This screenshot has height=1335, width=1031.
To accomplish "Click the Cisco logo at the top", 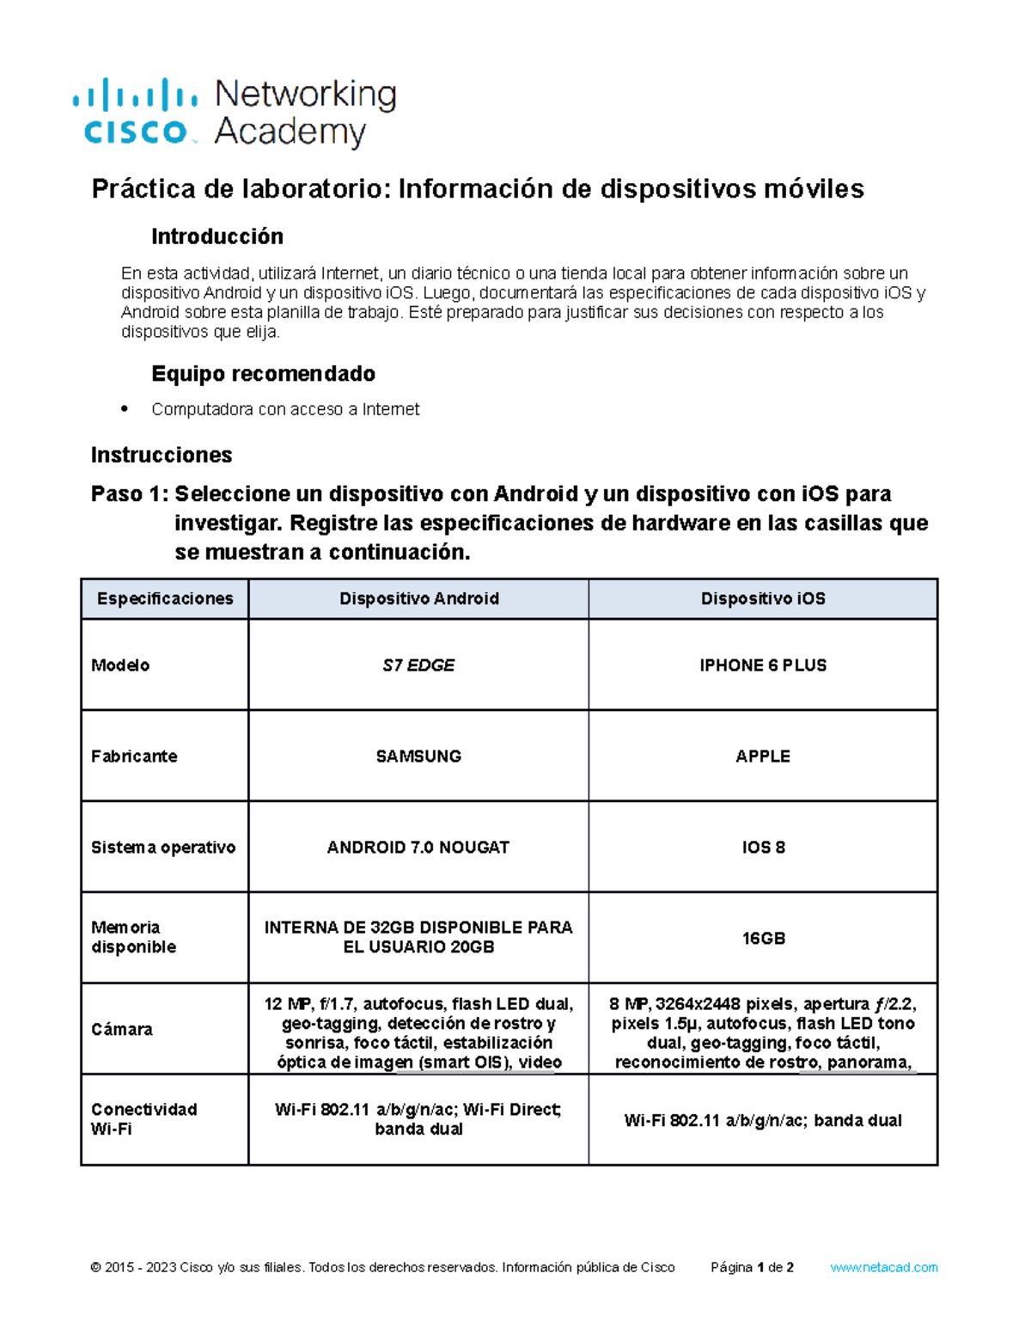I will point(136,113).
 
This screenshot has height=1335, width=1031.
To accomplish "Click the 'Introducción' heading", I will point(217,236).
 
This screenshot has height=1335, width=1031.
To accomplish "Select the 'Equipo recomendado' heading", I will point(263,374).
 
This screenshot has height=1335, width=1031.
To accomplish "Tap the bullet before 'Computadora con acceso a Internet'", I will point(125,408).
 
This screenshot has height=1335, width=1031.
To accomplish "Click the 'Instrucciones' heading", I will point(162,455).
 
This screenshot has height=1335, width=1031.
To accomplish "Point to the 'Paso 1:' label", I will point(130,494).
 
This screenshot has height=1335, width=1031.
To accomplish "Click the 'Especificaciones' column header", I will point(165,599).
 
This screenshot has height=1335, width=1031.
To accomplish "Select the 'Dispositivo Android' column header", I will point(418,599).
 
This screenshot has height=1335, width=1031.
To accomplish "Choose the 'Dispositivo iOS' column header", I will point(762,599).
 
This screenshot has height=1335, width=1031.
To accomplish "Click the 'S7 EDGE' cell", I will point(418,665).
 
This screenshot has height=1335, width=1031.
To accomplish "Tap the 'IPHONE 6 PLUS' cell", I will point(762,665).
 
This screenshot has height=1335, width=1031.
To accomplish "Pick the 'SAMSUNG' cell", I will point(418,756).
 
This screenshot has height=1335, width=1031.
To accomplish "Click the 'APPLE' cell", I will point(762,756).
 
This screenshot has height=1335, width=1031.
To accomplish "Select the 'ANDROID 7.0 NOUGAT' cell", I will point(418,848).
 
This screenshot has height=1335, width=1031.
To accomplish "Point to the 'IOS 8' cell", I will point(763,848).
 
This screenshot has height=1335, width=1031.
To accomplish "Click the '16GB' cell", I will point(763,939).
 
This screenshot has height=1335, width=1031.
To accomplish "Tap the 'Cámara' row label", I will point(122,1030).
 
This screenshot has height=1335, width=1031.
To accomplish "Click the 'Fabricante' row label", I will point(134,756).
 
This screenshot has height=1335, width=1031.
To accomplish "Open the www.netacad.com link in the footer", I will point(883,1267).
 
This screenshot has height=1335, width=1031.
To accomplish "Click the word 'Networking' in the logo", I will point(305,95).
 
